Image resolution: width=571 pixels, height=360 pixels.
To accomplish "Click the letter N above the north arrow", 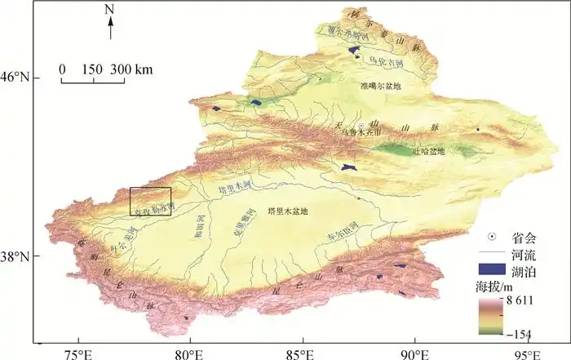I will pyautogui.click(x=110, y=9).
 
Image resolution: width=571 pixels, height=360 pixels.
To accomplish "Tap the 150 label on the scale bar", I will pyautogui.click(x=91, y=70).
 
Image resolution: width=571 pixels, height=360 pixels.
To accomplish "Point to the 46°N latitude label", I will pyautogui.click(x=20, y=78).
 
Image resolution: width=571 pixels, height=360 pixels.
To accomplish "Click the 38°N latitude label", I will pyautogui.click(x=20, y=257).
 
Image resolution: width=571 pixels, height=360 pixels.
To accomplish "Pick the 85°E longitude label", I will pyautogui.click(x=302, y=353).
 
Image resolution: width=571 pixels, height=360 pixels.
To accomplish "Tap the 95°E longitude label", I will pyautogui.click(x=526, y=353).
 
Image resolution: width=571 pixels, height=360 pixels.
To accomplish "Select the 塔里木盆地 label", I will pyautogui.click(x=283, y=211).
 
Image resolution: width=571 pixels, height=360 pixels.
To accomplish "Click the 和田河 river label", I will pyautogui.click(x=197, y=222).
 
